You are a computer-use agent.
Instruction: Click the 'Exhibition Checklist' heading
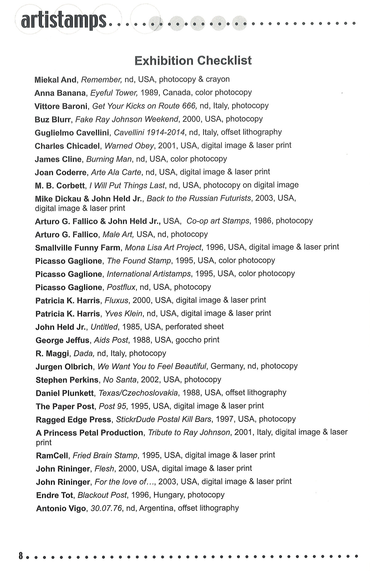(193, 60)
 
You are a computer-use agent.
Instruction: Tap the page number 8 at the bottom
(21, 556)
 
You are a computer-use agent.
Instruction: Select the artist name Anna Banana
(60, 93)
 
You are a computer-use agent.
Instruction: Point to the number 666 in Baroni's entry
(189, 106)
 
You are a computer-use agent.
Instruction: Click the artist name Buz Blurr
(53, 119)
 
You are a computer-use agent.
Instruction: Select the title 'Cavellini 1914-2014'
(150, 132)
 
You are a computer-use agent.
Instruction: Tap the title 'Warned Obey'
(129, 146)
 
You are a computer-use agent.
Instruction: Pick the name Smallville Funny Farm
(78, 248)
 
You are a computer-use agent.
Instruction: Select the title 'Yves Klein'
(124, 314)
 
